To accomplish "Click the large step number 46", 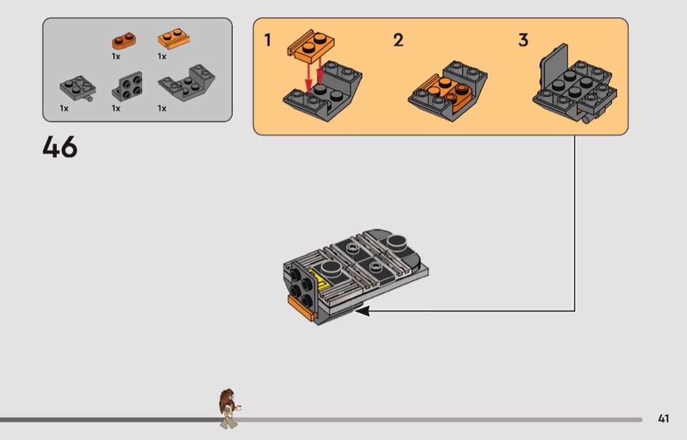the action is [60, 146].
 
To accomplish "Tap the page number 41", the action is [663, 418].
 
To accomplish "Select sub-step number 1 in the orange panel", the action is [268, 41].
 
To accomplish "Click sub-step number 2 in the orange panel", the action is [398, 41].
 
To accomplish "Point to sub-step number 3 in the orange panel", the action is [523, 41].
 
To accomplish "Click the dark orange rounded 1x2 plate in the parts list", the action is [124, 41].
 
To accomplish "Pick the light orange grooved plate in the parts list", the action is [174, 39].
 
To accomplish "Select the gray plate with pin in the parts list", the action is [78, 88].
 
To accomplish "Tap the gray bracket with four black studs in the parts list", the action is [127, 86].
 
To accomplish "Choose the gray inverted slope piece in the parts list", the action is [186, 83].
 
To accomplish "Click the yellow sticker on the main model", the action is [319, 279].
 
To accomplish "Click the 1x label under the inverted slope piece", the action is [162, 108].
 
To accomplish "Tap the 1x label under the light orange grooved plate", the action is [162, 56].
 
